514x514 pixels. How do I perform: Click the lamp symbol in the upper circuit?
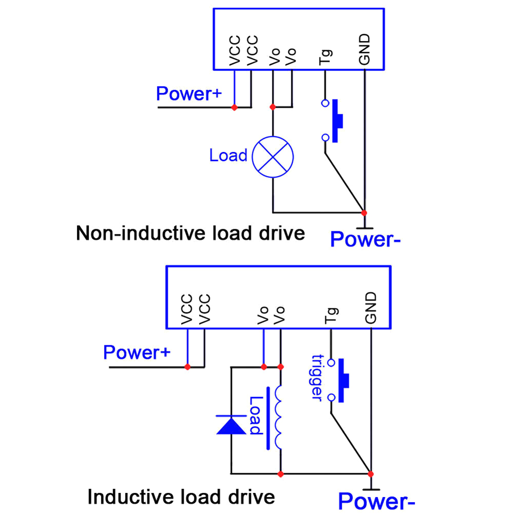click(x=272, y=155)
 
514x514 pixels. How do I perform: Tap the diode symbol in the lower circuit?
click(x=231, y=425)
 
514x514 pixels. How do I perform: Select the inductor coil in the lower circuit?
click(x=279, y=417)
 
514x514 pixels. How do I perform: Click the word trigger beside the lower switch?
click(x=317, y=378)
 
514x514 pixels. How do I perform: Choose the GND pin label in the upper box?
click(x=365, y=50)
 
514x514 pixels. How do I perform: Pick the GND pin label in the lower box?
click(x=371, y=308)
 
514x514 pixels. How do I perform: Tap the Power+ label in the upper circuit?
click(x=188, y=94)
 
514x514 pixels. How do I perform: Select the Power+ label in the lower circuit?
click(x=136, y=353)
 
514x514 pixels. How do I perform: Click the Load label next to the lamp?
click(x=228, y=155)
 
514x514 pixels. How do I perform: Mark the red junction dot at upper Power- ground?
click(x=364, y=212)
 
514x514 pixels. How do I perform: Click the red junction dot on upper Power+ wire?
click(x=234, y=107)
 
